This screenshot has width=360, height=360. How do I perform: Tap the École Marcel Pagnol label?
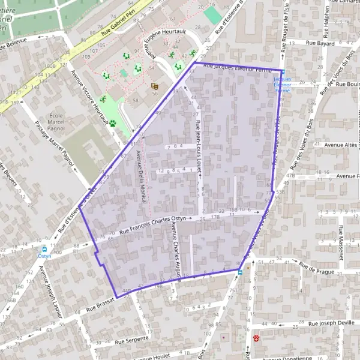tap(56, 121)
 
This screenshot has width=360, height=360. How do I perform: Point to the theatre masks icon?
tap(154, 86)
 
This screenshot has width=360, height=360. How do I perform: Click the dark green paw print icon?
tap(112, 123)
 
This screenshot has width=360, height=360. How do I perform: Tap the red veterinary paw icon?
tap(257, 338)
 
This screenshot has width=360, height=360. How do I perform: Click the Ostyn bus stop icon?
tap(44, 249)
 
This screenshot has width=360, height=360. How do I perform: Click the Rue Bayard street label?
tap(320, 44)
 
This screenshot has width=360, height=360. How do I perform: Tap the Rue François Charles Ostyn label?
tap(155, 224)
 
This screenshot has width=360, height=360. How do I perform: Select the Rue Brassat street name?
tap(99, 307)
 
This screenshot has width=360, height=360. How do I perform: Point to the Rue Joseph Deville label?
tap(332, 322)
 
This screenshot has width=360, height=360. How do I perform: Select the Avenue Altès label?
tap(340, 145)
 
